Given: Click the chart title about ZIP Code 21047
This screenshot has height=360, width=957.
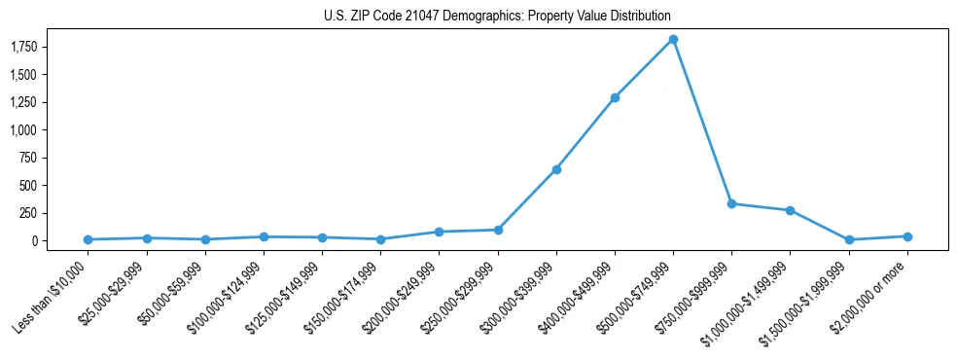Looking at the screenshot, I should tap(497, 17).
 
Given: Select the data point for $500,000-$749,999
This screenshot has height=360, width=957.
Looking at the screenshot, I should tap(673, 39).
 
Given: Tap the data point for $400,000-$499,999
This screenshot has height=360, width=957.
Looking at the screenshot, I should tap(615, 97).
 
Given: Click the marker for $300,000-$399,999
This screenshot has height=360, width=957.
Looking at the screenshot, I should tap(556, 169).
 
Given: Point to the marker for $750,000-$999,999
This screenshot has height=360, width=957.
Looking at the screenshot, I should tap(731, 203).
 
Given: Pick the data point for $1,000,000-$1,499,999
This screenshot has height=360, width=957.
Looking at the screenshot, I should tap(790, 210).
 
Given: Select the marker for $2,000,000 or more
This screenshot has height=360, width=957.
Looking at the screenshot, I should tap(907, 236).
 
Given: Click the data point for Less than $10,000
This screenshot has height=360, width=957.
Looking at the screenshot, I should tap(88, 239).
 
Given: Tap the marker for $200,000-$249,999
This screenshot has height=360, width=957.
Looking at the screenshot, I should tap(439, 232).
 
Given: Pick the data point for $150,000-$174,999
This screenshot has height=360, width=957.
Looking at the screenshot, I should tap(380, 239).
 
